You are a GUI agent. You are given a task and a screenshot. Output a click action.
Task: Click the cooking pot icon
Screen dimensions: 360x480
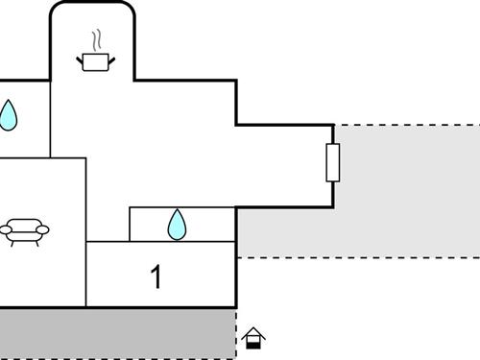pos(95,62)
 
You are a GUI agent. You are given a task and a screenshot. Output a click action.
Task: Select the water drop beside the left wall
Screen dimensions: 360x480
pos(8,115)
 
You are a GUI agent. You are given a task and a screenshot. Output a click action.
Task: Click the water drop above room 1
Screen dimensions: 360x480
pos(177,225)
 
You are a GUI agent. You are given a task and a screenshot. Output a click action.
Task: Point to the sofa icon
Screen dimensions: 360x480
pos(24,230)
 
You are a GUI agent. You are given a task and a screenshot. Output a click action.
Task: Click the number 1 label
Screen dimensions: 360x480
pos(156,277)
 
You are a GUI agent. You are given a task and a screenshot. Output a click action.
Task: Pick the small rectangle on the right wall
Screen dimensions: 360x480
pos(333,162)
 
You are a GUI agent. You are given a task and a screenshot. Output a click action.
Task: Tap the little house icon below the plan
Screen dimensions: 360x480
pos(253,338)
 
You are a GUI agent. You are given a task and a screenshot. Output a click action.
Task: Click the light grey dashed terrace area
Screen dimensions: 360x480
pos(403,192)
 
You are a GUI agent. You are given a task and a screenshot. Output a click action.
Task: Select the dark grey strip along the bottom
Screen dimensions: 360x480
pos(115,333)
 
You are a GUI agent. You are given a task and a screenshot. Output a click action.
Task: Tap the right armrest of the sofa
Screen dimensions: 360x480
pos(43,229)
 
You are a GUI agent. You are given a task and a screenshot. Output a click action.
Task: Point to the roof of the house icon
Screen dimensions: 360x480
pos(253,332)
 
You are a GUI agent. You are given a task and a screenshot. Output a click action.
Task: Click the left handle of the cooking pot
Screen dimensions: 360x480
pos(81,60)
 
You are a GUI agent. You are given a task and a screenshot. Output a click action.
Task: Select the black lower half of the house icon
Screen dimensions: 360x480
pos(253,343)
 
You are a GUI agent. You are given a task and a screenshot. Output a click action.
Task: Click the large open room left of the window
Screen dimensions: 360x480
pos(240,163)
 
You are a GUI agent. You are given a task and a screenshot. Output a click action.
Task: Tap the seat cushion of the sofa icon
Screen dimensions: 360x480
pos(24,233)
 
